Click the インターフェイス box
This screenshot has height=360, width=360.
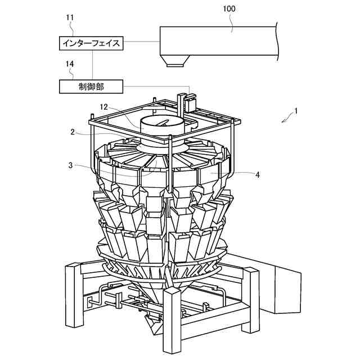click(x=91, y=43)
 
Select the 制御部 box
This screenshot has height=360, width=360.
click(x=91, y=86)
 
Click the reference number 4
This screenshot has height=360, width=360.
click(x=257, y=175)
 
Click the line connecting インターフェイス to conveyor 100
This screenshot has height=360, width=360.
click(x=141, y=42)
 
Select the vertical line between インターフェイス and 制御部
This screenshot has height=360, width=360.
click(x=91, y=64)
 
